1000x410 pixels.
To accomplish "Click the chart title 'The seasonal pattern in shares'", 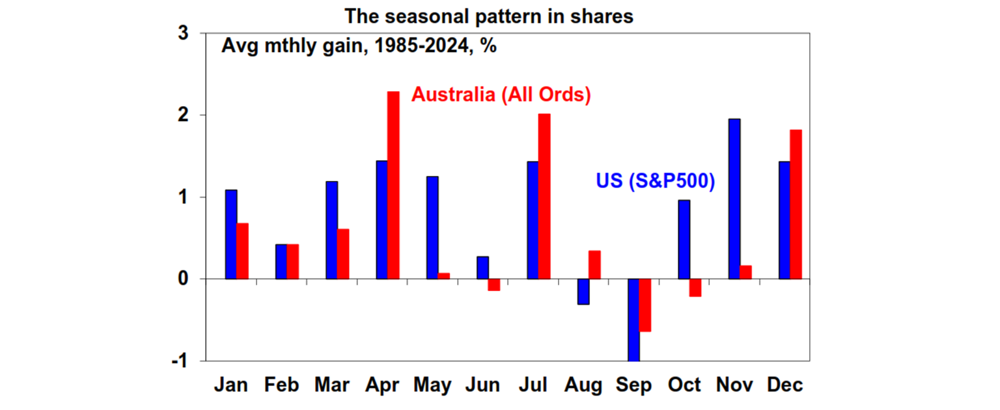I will [x=489, y=16].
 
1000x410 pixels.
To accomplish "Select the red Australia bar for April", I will [x=393, y=185].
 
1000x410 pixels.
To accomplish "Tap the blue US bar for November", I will [x=734, y=199].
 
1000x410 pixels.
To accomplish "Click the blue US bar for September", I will [x=633, y=319].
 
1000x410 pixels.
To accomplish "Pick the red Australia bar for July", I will [x=544, y=197].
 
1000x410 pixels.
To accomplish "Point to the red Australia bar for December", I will [x=796, y=204].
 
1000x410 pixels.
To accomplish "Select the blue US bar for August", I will [x=583, y=292].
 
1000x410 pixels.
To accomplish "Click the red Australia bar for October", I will [x=695, y=288].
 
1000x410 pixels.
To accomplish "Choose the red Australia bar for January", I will [x=242, y=251].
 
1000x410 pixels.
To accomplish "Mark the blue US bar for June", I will [x=482, y=267].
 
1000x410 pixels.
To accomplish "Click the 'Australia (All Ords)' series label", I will [x=501, y=95].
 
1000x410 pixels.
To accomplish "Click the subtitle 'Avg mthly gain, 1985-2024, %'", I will [x=359, y=47].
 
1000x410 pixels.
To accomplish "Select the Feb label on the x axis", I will [x=281, y=385].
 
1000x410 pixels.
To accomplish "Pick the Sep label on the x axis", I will [x=634, y=385].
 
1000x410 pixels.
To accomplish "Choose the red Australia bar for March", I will [x=343, y=254].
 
